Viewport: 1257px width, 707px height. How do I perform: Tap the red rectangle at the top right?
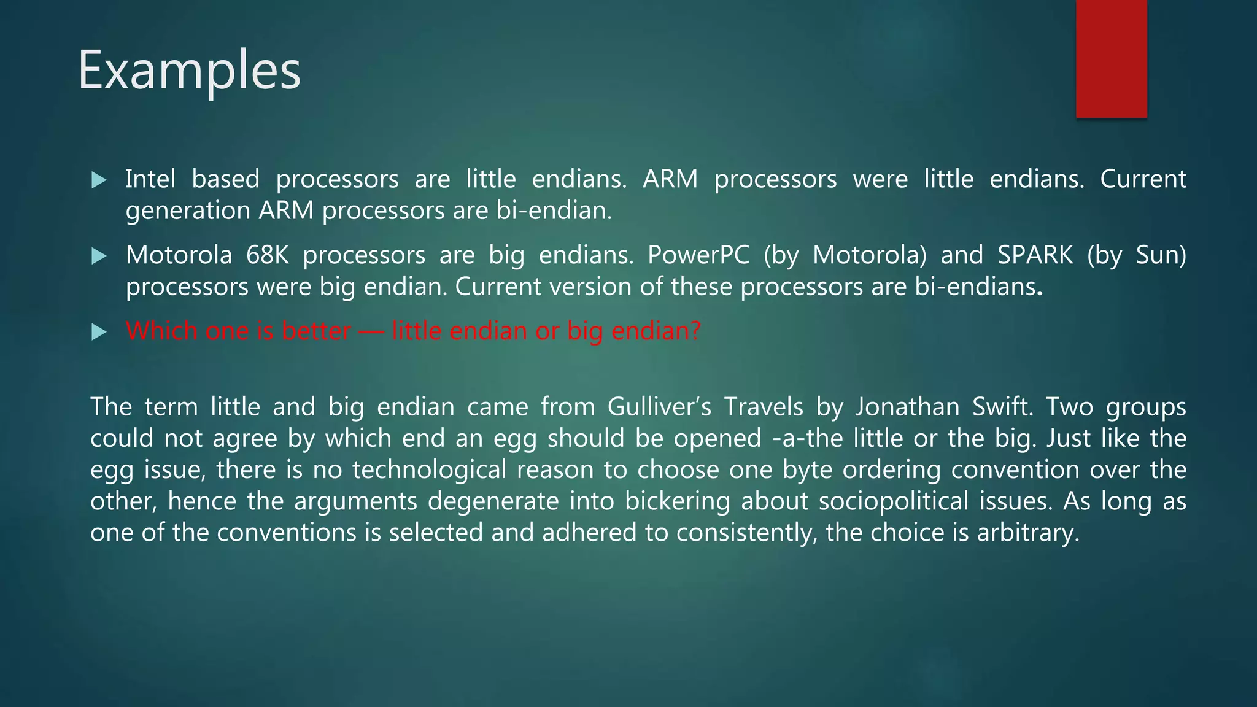pos(1111,58)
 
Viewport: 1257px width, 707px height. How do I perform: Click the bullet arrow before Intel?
pos(99,180)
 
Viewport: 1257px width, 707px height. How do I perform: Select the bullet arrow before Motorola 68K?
pos(99,256)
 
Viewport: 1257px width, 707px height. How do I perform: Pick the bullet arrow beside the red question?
pos(99,332)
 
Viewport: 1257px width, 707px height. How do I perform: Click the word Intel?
pos(150,179)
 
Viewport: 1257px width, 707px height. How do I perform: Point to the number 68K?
pos(268,255)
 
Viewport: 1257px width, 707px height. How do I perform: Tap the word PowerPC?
pos(698,255)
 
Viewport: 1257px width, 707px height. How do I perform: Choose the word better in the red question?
pos(316,331)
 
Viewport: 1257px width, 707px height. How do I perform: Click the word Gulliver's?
pos(659,407)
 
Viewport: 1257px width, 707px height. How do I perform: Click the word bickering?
pos(677,501)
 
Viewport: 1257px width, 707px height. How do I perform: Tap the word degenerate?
pos(493,501)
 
